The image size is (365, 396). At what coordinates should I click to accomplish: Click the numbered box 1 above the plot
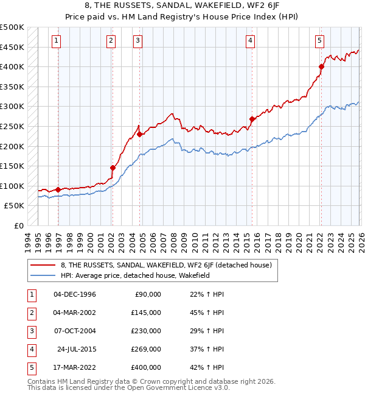click(56, 41)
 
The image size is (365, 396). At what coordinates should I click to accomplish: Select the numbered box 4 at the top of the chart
click(250, 41)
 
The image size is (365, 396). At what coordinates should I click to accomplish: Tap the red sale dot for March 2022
click(322, 67)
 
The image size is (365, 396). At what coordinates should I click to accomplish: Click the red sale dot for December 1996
click(58, 189)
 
